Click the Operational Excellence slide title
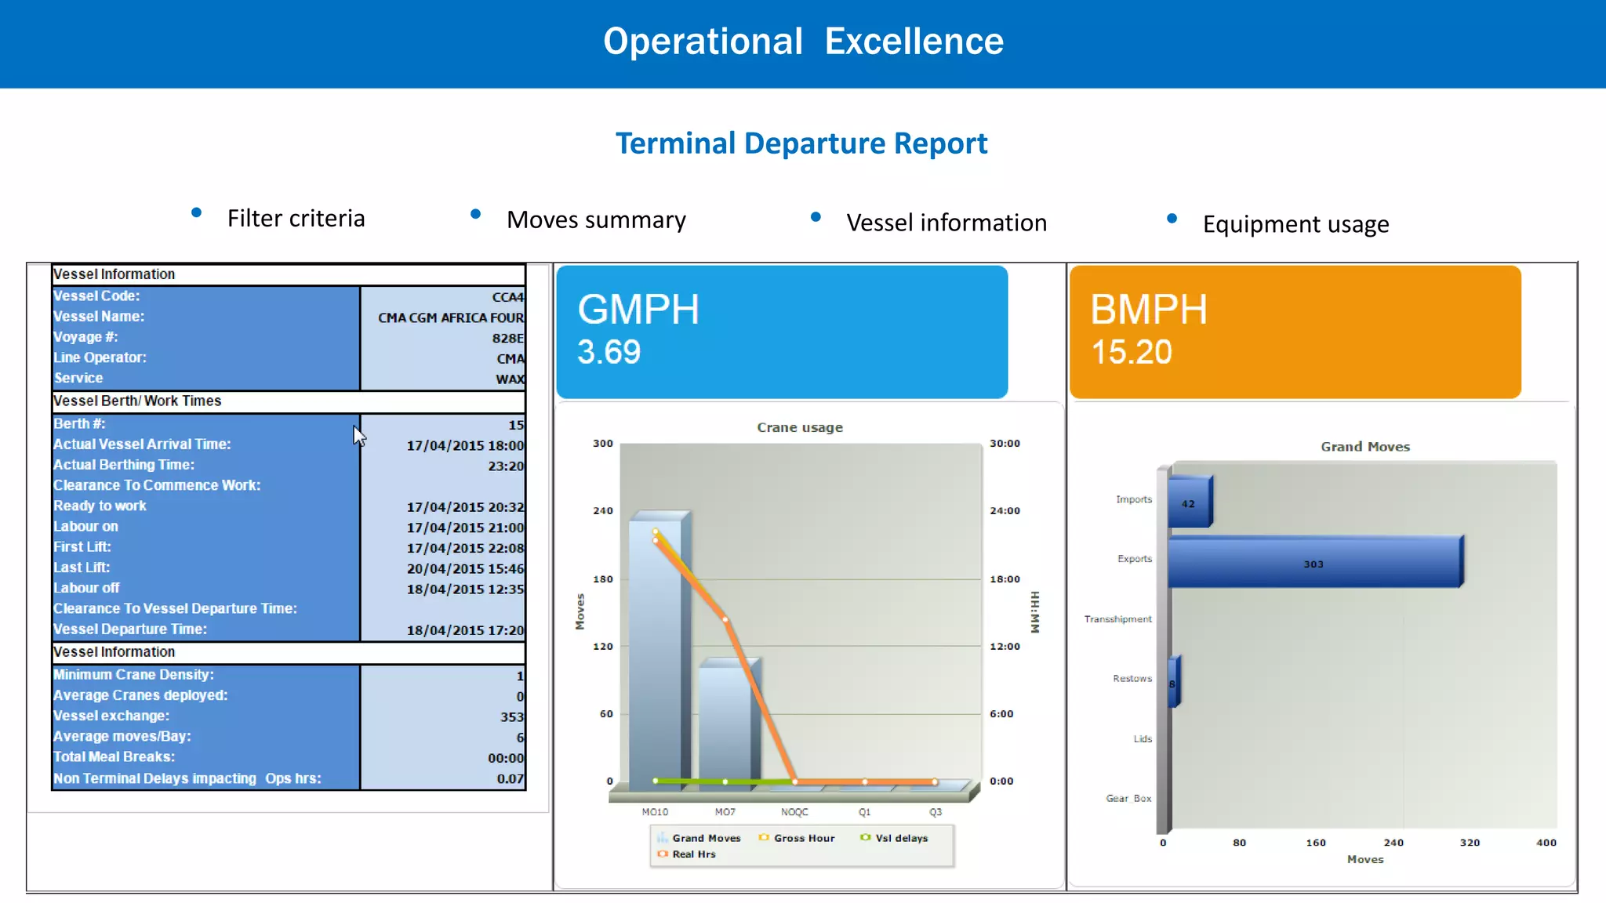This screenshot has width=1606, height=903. point(803,42)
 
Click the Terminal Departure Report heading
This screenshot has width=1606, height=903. point(801,143)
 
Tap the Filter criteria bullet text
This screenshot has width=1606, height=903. point(296,219)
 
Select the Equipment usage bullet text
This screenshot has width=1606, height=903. point(1295,225)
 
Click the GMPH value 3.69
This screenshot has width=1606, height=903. point(609,352)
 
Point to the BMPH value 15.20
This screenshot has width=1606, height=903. point(1132,352)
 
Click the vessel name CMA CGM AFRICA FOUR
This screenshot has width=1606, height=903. point(450,317)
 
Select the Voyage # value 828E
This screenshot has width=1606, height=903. point(507,338)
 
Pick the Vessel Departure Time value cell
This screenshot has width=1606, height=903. point(464,630)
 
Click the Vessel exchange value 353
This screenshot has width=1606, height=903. point(511,717)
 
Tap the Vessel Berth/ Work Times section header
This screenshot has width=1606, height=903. point(137,401)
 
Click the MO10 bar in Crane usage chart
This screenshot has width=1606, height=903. point(656,651)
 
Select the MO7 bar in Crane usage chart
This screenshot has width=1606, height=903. point(726,721)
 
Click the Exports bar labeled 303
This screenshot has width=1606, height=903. point(1314,564)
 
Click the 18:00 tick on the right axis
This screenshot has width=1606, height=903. point(1005,579)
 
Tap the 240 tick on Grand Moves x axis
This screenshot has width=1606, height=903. point(1393,843)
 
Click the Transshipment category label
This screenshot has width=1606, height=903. point(1117,619)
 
